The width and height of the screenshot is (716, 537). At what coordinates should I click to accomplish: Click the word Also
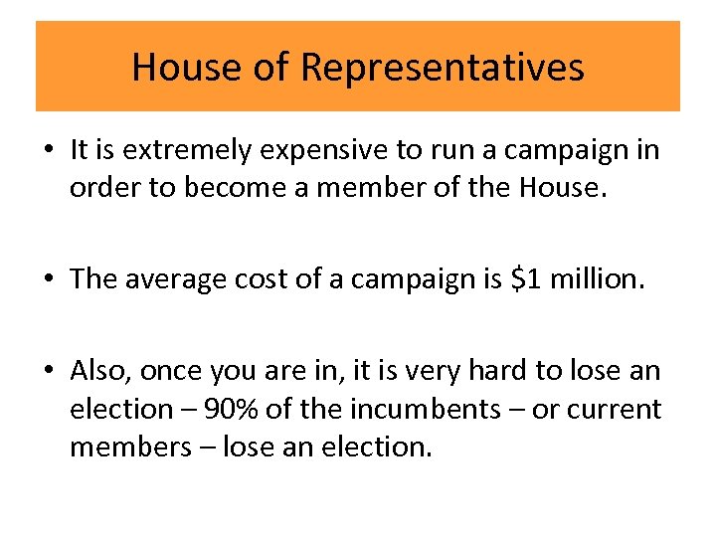pyautogui.click(x=101, y=371)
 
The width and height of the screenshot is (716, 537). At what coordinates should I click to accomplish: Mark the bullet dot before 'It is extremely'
pyautogui.click(x=49, y=151)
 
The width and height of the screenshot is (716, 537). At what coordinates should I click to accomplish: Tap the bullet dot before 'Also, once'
pyautogui.click(x=49, y=372)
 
